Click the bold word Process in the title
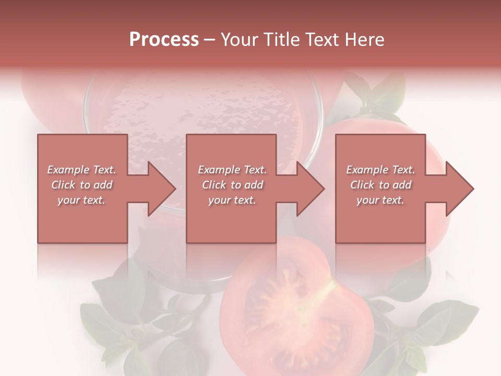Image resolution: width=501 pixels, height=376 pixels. coord(164,40)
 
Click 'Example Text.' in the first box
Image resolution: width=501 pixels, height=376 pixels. coord(82,170)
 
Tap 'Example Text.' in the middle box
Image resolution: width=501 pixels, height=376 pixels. coord(232,170)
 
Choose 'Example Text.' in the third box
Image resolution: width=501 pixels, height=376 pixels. coord(380,170)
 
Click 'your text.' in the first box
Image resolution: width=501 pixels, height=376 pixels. coord(81,200)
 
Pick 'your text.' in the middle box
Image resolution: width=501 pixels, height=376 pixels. coord(232,200)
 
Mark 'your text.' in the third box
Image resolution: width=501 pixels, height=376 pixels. coord(380,200)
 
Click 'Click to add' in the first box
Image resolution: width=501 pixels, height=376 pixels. coord(82,185)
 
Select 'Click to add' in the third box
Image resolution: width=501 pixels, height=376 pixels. coord(380,185)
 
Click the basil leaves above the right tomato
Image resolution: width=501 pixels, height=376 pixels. coord(376,94)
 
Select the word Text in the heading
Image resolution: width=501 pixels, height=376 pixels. coord(322,40)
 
